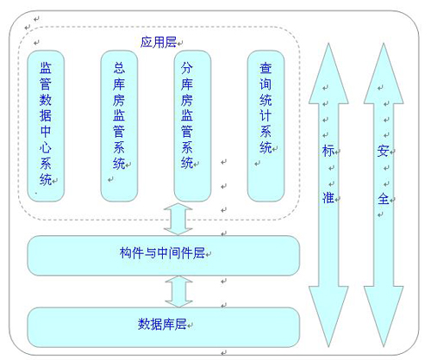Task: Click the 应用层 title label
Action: [x=159, y=41]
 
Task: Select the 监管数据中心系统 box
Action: [x=45, y=125]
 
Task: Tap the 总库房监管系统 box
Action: [x=118, y=125]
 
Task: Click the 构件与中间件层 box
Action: [x=164, y=252]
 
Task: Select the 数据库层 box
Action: [x=164, y=324]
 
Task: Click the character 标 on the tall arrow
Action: [x=328, y=151]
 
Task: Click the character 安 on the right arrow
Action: [x=383, y=151]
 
